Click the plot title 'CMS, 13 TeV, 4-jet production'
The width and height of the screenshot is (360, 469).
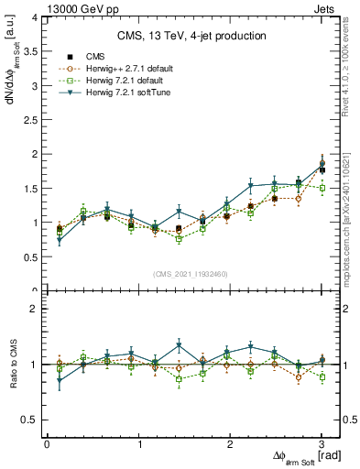191,36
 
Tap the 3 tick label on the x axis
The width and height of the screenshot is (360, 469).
322,444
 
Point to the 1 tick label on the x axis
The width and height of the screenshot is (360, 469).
138,444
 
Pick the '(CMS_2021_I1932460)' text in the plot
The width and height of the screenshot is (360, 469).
191,274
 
